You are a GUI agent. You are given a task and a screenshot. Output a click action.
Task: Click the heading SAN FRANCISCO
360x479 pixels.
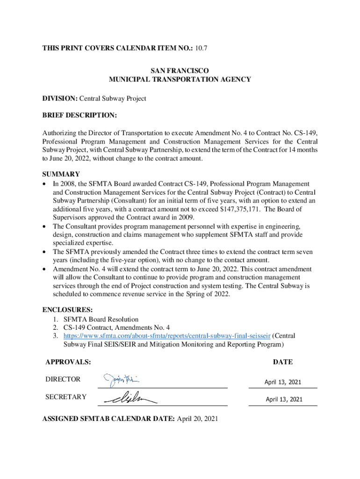pyautogui.click(x=180, y=71)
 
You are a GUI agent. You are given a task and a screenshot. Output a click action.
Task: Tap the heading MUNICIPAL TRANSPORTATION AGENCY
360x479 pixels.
pyautogui.click(x=180, y=80)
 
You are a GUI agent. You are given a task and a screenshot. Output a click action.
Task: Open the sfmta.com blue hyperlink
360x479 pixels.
pyautogui.click(x=167, y=336)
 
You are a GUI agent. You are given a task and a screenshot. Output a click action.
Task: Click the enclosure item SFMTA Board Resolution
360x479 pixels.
pyautogui.click(x=101, y=319)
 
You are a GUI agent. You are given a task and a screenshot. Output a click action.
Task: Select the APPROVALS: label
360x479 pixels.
pyautogui.click(x=68, y=362)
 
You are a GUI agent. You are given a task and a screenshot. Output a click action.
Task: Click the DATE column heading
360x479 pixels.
pyautogui.click(x=283, y=362)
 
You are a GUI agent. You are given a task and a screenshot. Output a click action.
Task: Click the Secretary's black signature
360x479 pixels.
pyautogui.click(x=130, y=398)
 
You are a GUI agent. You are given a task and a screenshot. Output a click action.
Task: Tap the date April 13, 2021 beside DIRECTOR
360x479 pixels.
pyautogui.click(x=283, y=382)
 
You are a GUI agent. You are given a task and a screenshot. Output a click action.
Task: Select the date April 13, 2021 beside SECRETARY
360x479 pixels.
pyautogui.click(x=284, y=399)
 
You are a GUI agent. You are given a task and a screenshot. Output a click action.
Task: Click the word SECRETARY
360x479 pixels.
pyautogui.click(x=65, y=397)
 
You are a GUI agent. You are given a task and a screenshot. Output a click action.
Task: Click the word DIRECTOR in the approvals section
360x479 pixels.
pyautogui.click(x=63, y=379)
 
